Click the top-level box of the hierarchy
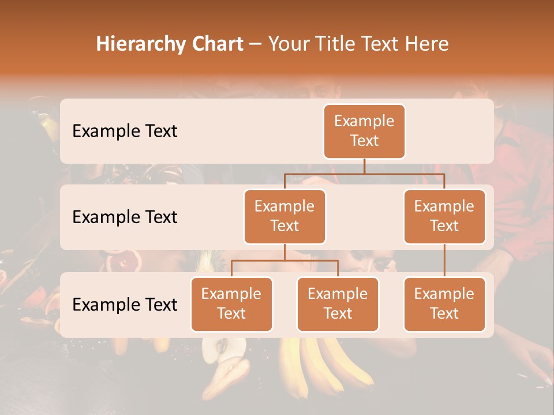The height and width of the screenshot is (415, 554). [x=364, y=131]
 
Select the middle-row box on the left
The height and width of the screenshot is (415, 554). [x=285, y=216]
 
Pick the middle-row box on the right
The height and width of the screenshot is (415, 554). [x=444, y=216]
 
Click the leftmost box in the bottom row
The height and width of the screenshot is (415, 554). [x=231, y=304]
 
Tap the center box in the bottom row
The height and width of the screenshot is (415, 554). [x=338, y=304]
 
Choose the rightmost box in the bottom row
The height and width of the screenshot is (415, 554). [x=444, y=304]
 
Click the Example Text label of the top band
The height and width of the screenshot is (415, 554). [x=125, y=131]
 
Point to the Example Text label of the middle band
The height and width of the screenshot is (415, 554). [x=125, y=217]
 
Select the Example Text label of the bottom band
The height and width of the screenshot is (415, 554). [x=125, y=304]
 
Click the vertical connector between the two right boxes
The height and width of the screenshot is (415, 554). [x=444, y=260]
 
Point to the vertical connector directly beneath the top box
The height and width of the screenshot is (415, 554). [x=364, y=166]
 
